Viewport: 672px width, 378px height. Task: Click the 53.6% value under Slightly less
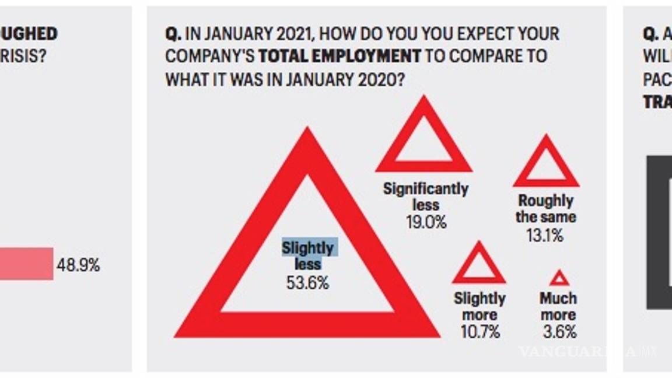[307, 283]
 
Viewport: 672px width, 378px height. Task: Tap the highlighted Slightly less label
[308, 256]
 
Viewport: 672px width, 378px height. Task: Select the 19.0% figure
[426, 222]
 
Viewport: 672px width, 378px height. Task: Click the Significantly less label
[426, 197]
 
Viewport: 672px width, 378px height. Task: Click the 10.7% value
[480, 332]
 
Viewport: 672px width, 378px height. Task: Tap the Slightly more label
[480, 307]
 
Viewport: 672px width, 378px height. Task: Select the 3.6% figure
[558, 332]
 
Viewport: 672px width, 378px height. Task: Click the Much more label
[558, 307]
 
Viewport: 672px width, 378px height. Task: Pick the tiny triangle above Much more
[559, 278]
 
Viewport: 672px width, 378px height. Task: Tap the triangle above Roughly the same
[546, 163]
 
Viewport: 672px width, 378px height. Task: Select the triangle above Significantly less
[423, 137]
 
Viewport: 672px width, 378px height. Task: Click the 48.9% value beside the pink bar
[78, 265]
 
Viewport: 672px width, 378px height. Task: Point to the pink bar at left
[26, 264]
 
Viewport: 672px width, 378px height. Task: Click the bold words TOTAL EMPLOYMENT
[339, 56]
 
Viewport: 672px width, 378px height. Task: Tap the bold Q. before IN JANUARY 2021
[173, 34]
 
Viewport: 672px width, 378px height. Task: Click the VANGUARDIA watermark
[586, 351]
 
